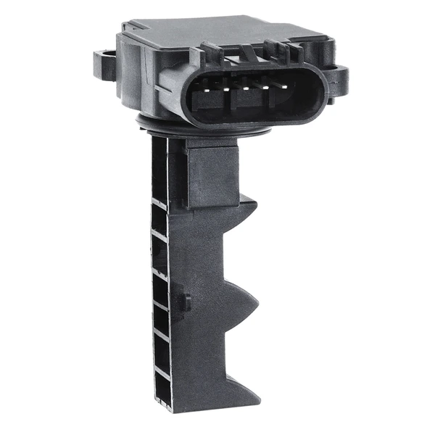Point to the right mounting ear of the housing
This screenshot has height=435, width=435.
(x=337, y=72)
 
